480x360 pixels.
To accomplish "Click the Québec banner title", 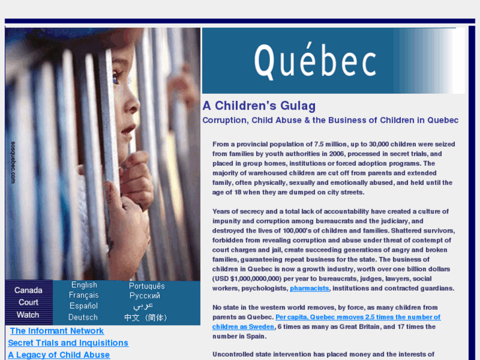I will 315,61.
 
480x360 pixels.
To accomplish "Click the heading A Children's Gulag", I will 259,106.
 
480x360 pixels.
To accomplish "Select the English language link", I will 84,285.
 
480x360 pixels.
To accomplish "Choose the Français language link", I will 84,295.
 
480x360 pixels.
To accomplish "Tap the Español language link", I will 84,306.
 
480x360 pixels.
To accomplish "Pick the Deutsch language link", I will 83,317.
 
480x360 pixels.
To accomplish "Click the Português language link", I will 147,286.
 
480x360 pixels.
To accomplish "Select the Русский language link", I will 145,296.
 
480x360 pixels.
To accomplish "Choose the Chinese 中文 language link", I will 146,318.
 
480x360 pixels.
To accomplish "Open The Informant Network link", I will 57,331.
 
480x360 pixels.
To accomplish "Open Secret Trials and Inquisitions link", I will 68,343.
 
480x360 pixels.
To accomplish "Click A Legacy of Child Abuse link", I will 59,355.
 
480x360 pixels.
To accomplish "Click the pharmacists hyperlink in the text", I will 309,289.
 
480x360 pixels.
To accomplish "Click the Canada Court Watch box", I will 28,303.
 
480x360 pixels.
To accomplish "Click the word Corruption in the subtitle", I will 224,120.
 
